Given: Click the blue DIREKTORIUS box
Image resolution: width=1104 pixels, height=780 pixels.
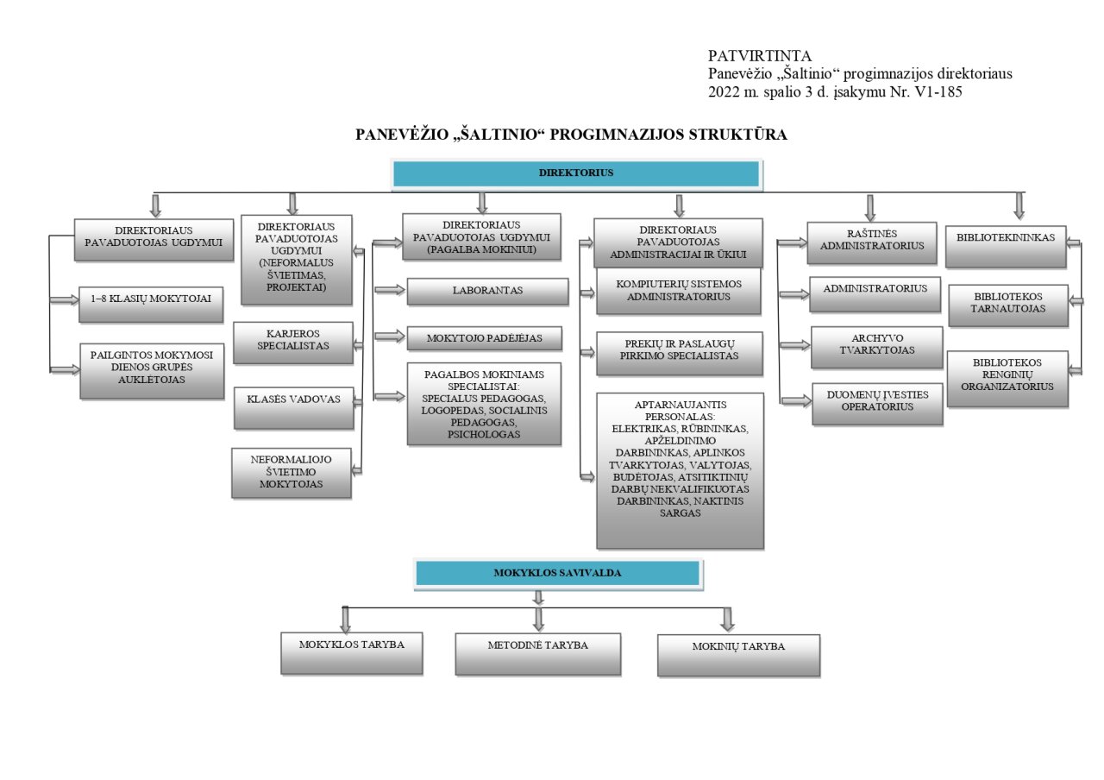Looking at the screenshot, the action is [x=576, y=173].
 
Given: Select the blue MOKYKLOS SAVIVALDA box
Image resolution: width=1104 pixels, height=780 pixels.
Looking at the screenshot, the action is [x=558, y=574].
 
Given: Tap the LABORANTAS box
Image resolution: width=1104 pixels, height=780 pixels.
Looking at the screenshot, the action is [x=487, y=292].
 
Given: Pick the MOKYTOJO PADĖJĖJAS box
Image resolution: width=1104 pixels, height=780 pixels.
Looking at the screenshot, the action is [x=485, y=338].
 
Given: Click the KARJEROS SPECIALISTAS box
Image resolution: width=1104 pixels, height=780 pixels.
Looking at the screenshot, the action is [x=293, y=343].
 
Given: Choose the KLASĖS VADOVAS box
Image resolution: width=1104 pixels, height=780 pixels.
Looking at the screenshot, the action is [x=294, y=408].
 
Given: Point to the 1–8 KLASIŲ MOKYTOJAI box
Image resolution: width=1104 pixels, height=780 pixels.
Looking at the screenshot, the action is [x=151, y=305].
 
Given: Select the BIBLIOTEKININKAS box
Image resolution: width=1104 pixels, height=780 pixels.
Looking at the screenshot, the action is [x=1006, y=247].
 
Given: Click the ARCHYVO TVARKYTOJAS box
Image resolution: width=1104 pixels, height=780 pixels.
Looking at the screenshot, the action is [x=877, y=347].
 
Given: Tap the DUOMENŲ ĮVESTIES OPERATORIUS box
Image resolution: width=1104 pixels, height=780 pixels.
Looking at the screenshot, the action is [x=877, y=404].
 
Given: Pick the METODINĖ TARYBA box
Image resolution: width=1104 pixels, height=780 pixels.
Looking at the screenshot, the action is [x=538, y=654].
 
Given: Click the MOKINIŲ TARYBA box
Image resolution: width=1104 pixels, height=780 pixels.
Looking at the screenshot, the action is [x=739, y=655].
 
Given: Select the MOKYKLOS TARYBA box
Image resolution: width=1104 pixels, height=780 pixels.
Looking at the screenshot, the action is [x=352, y=653].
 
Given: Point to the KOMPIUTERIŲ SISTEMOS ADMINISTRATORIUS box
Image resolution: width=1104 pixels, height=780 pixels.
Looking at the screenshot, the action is [x=679, y=291].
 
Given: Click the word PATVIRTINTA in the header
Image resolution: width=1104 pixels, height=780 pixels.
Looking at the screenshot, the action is [x=760, y=56].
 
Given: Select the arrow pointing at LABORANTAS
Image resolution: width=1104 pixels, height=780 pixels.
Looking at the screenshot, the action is [x=389, y=290].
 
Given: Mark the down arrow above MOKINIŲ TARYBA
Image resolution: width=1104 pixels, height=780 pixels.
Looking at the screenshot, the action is [x=727, y=620].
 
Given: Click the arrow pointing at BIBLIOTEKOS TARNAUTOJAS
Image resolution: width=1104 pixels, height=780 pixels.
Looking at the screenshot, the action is [x=1076, y=301].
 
